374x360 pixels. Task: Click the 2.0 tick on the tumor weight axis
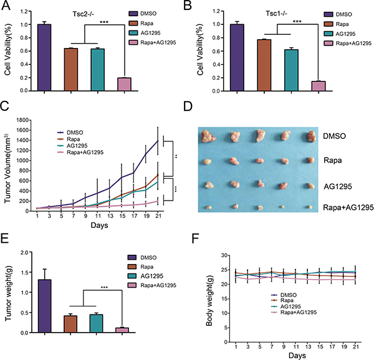pyautogui.click(x=24, y=252)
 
